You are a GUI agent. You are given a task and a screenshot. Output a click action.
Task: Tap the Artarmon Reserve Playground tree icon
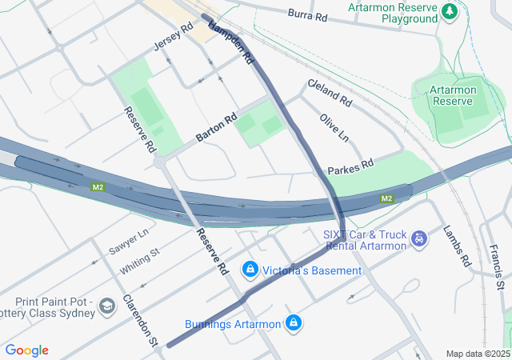pyautogui.click(x=450, y=11)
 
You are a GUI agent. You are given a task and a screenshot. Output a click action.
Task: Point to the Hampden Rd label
pyautogui.click(x=231, y=42)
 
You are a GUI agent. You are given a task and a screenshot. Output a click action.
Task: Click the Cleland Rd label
pyautogui.click(x=329, y=93)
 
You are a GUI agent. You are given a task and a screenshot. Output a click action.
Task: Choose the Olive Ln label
pyautogui.click(x=334, y=128)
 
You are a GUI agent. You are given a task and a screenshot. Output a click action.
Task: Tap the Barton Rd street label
pyautogui.click(x=217, y=128)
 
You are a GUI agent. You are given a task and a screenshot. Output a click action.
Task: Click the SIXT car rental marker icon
pyautogui.click(x=418, y=238)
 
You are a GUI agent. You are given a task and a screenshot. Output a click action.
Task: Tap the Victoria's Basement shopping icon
pyautogui.click(x=251, y=270)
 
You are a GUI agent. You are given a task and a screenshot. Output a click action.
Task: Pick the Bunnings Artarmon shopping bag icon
pyautogui.click(x=294, y=323)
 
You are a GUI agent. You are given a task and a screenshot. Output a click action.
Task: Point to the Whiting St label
pyautogui.click(x=140, y=262)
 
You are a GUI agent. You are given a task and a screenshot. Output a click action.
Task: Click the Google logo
pyautogui.click(x=26, y=350)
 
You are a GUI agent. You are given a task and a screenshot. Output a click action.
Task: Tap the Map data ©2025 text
pyautogui.click(x=478, y=354)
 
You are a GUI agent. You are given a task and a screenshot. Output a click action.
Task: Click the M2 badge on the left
pyautogui.click(x=98, y=187)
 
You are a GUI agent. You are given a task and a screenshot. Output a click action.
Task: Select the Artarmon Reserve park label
pyautogui.click(x=453, y=95)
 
